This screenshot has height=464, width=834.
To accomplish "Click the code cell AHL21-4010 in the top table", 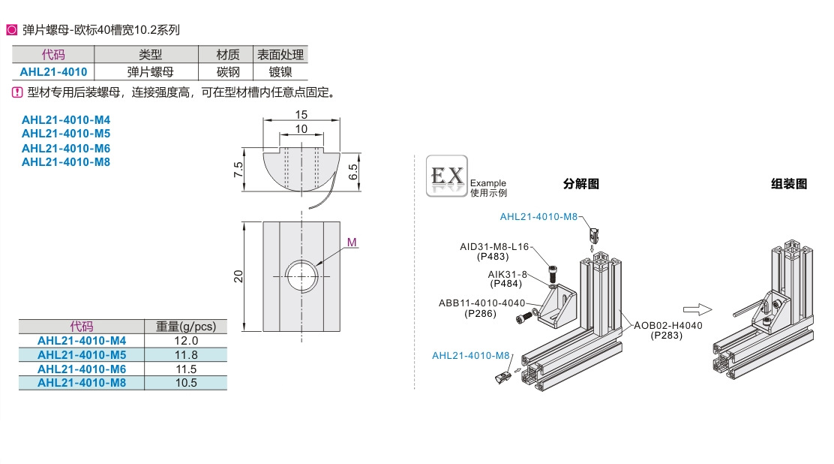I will [x=53, y=72].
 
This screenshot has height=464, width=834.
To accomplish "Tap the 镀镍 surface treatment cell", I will [x=280, y=72].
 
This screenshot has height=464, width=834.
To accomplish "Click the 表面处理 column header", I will [x=280, y=55].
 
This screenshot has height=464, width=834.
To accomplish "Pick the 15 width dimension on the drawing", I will [x=301, y=115].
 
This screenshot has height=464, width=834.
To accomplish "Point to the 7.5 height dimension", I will [x=238, y=169].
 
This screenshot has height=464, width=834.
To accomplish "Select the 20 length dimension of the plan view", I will [x=238, y=276].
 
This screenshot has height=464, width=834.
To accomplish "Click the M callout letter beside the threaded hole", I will [x=352, y=242].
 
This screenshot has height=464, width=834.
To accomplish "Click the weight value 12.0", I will [x=185, y=341].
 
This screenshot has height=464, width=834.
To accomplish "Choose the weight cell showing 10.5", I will [x=185, y=383].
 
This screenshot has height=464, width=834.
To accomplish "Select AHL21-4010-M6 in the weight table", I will [x=82, y=369].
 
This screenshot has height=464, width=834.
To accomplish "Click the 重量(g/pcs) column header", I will [x=185, y=327].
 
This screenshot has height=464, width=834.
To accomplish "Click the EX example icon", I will [x=446, y=176].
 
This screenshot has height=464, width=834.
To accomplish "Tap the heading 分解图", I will [x=581, y=184].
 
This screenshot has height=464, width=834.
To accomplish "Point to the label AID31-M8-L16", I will [x=494, y=246].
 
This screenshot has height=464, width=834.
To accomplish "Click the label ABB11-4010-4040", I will [x=481, y=303].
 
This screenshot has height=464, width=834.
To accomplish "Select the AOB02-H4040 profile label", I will [x=667, y=325].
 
